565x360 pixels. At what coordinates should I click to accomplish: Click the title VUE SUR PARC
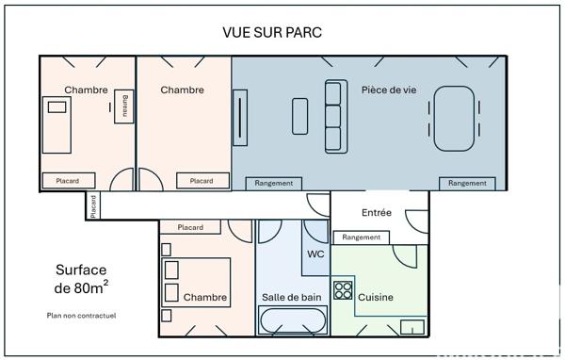272,32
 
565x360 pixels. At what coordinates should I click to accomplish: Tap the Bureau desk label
124,106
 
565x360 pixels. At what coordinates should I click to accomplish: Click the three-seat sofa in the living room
334,116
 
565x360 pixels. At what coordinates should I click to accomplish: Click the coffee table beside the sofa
300,116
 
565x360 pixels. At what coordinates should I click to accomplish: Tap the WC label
315,254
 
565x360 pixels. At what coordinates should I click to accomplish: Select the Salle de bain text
291,298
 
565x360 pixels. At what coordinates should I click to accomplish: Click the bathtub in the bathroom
293,322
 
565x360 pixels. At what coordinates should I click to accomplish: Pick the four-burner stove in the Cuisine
343,290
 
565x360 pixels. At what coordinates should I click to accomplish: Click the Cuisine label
375,298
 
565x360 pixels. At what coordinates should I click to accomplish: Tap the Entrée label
377,213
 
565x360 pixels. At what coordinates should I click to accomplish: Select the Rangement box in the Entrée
362,237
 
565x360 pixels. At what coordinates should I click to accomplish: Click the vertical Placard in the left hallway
93,205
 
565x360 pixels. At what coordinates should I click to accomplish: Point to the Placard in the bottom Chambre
190,227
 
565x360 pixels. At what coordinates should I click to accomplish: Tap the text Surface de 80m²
80,278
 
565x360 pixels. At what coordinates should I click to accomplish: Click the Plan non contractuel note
80,316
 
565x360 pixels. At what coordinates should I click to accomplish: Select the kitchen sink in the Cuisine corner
412,327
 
